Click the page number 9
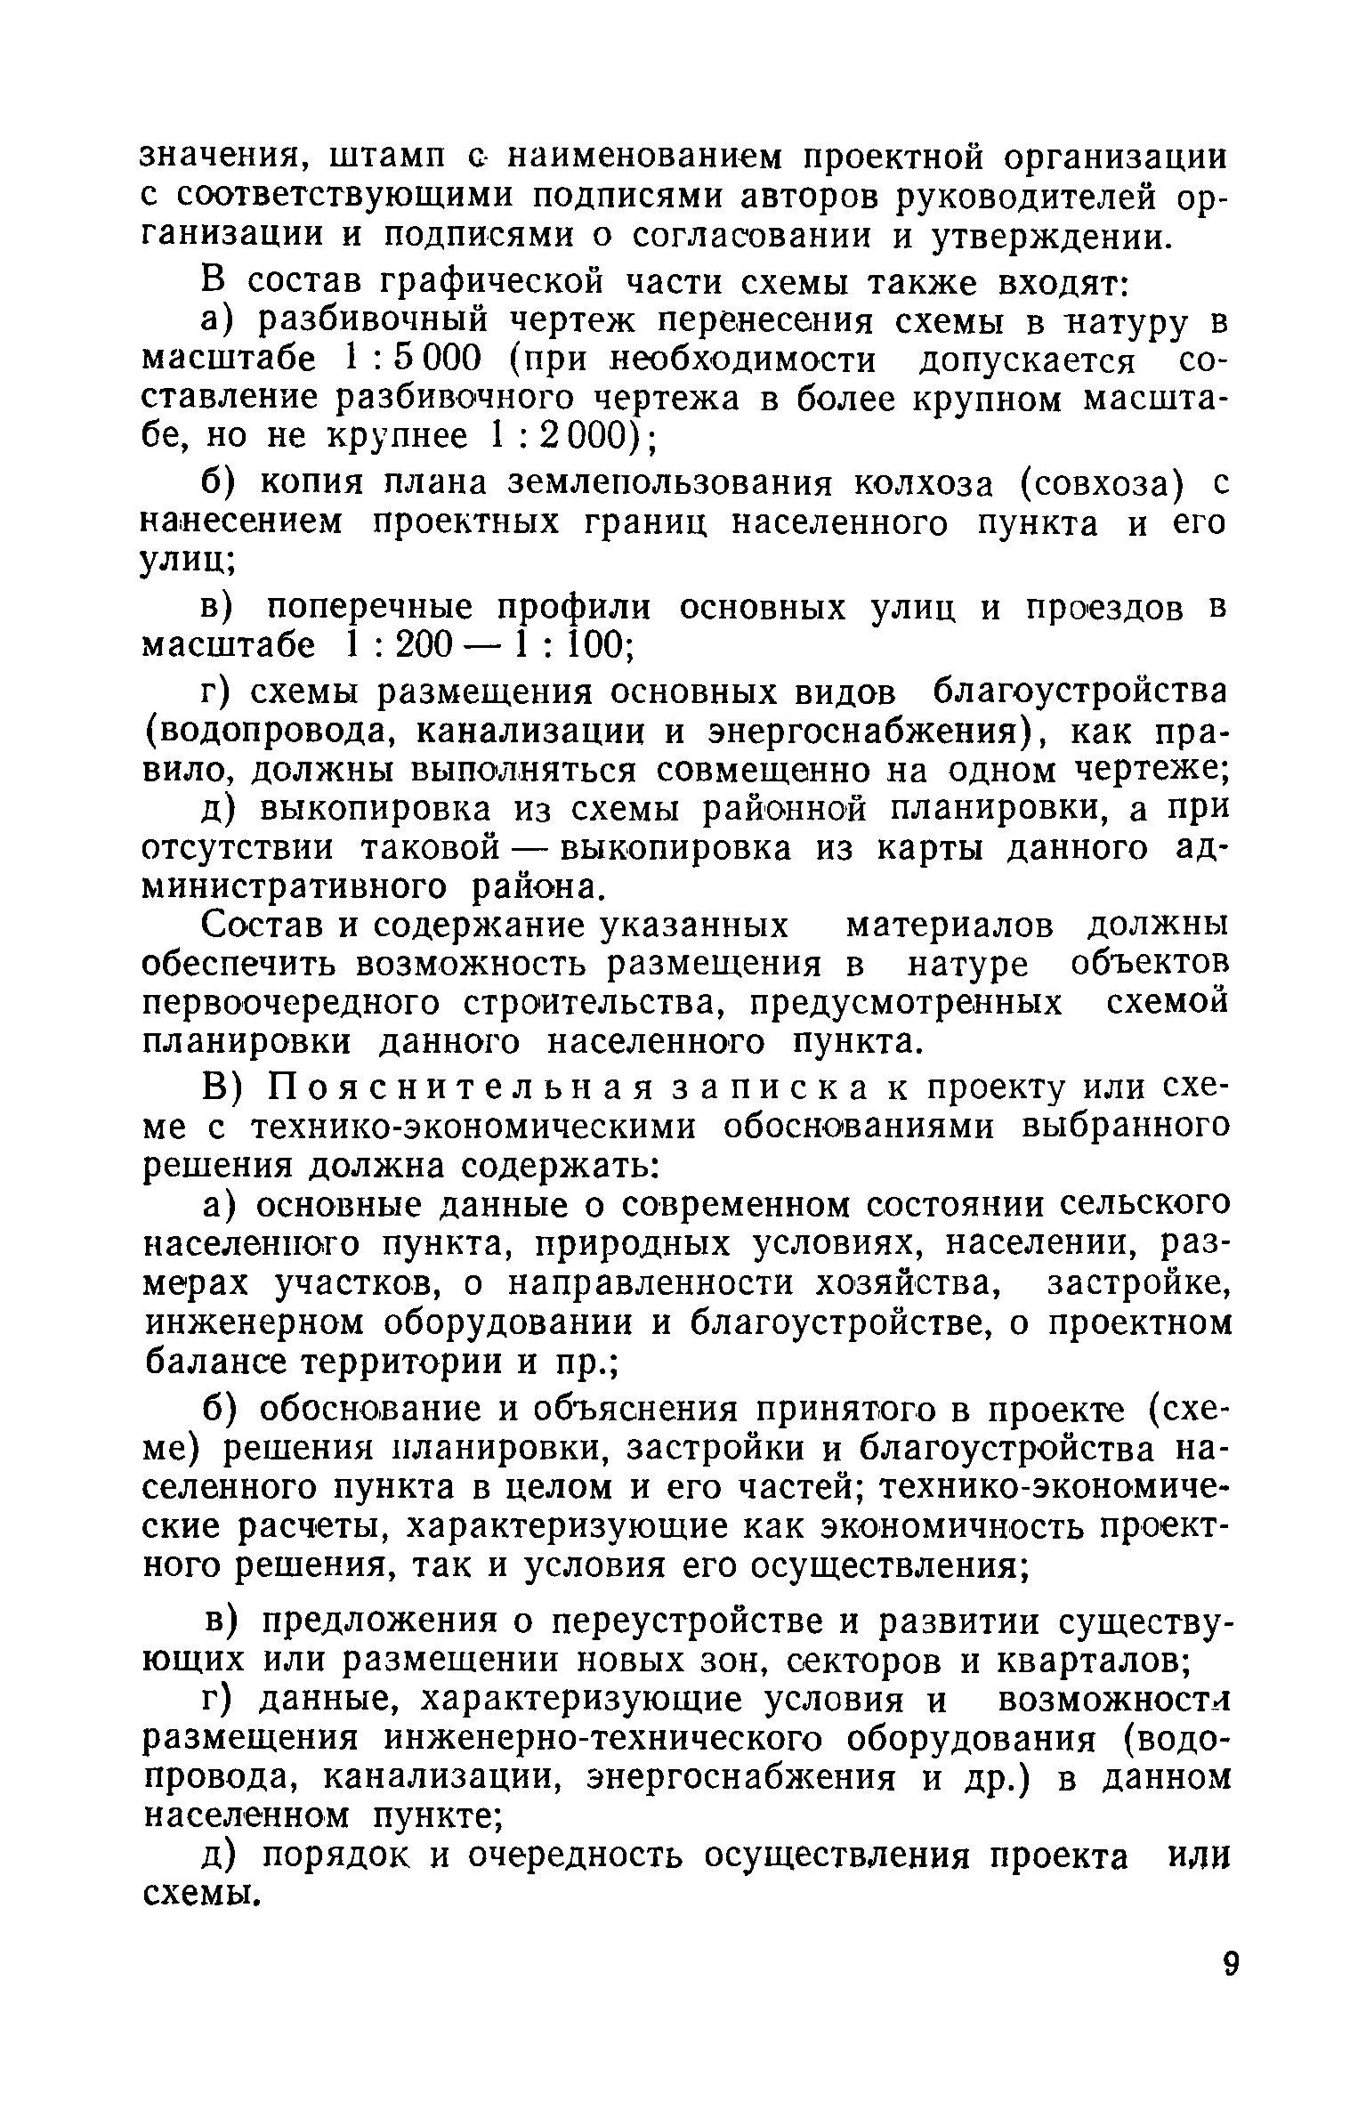coord(1231,1983)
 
